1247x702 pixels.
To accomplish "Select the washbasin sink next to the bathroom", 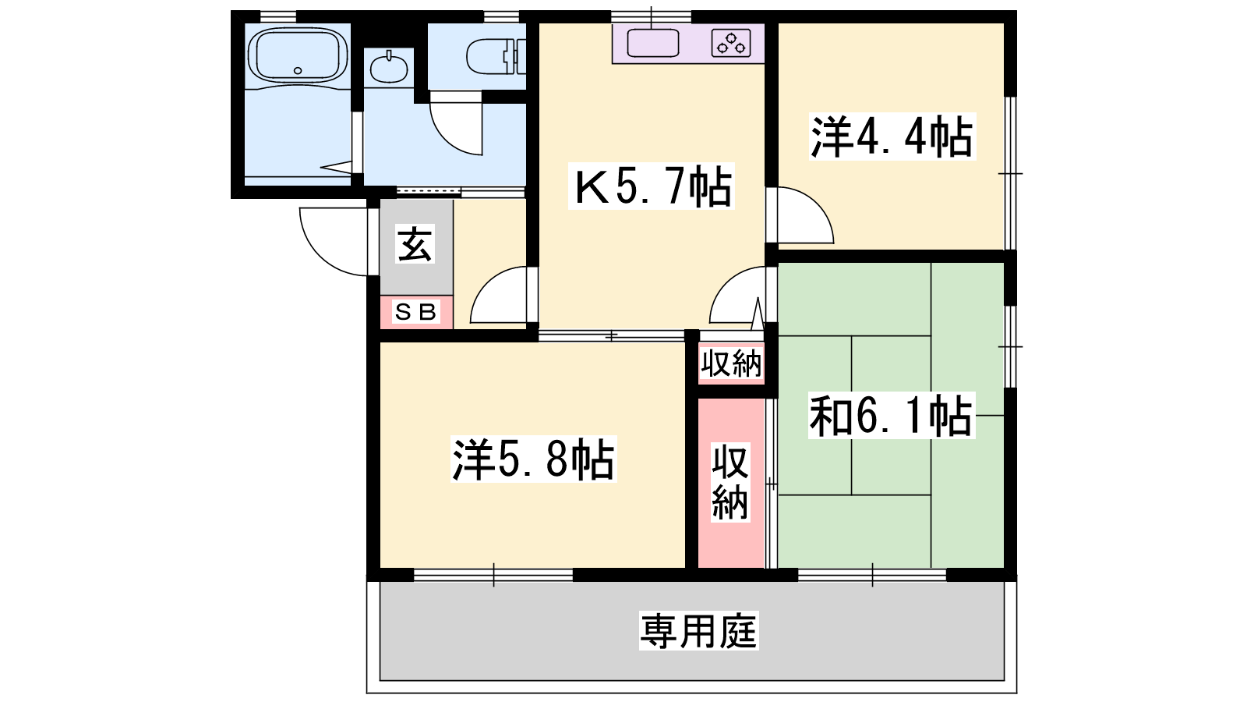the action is click(x=389, y=68).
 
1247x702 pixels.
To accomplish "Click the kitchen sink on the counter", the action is click(x=653, y=43).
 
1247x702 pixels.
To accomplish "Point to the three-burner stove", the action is click(x=731, y=44).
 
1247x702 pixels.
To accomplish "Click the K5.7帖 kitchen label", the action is click(x=652, y=186).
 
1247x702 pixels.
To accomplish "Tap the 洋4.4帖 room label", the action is click(x=892, y=137).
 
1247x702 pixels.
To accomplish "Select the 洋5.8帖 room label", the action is click(x=534, y=459).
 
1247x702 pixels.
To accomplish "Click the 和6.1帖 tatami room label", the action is click(x=892, y=415).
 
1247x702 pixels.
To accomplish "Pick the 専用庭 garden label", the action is click(x=698, y=631).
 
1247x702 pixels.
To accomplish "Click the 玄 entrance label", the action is click(x=415, y=244).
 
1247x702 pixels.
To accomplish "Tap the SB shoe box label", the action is click(x=416, y=311).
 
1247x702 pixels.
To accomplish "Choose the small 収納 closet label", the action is click(x=731, y=363).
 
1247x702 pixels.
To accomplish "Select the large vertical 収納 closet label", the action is click(x=729, y=482).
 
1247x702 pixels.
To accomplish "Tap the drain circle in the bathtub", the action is click(x=298, y=71).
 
